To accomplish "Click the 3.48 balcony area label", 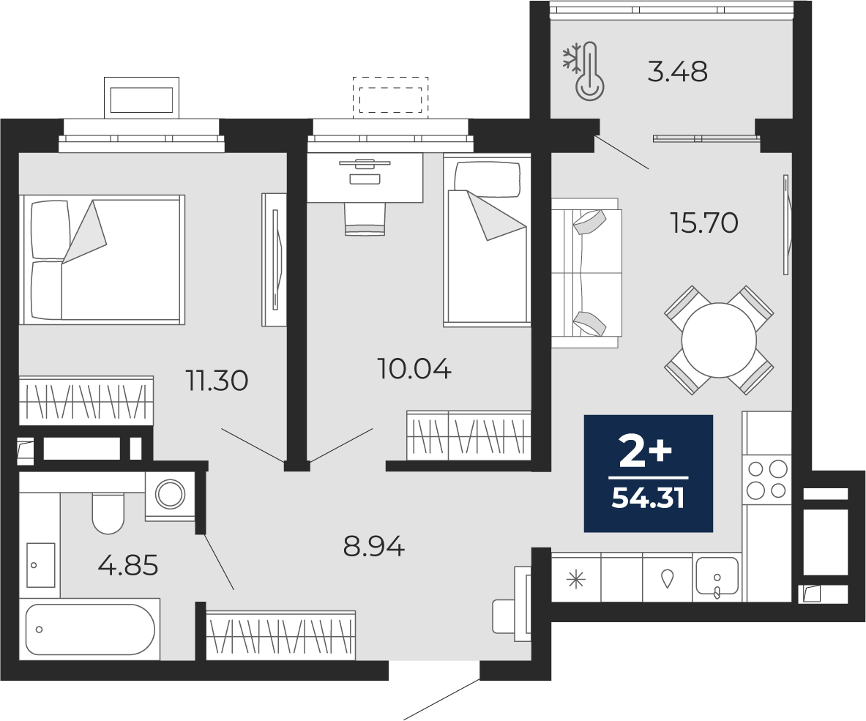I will click(x=677, y=72).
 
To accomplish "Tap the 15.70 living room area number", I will click(x=704, y=222).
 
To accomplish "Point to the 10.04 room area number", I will click(x=414, y=368).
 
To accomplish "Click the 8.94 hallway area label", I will click(x=373, y=545).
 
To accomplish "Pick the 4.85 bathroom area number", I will click(x=128, y=565).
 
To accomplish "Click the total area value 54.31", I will click(x=648, y=498).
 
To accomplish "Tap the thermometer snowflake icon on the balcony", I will click(x=584, y=72).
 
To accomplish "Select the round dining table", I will click(x=719, y=340).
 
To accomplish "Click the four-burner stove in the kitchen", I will click(x=767, y=479).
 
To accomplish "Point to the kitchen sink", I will click(x=717, y=576).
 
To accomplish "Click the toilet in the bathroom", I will click(x=108, y=512).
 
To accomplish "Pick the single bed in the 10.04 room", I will click(x=486, y=242).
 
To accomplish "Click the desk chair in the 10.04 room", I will click(x=365, y=220).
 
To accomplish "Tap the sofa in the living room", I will click(x=586, y=272).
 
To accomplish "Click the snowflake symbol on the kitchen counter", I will click(x=576, y=580).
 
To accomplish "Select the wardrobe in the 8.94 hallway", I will click(x=280, y=634).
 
